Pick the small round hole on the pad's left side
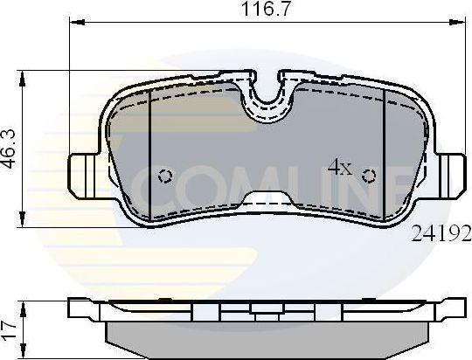pos(165,176)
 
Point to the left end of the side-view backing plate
pos(79,308)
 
